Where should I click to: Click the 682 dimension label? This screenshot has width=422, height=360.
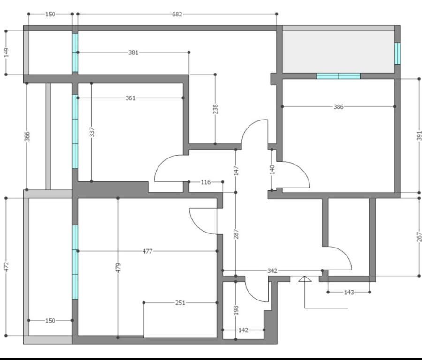click(x=177, y=14)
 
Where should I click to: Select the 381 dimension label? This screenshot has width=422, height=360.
click(x=134, y=52)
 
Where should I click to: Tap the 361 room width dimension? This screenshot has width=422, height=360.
click(x=130, y=98)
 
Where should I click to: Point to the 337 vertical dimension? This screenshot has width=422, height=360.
click(x=92, y=132)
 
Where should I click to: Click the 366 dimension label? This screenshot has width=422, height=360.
click(x=27, y=136)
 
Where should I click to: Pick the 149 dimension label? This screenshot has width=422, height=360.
click(x=6, y=52)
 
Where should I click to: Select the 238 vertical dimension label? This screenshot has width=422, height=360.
click(x=215, y=109)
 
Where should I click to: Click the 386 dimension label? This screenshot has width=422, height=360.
click(x=339, y=107)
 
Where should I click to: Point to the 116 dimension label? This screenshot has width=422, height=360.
click(x=206, y=182)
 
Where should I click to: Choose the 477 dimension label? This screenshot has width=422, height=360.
click(x=148, y=251)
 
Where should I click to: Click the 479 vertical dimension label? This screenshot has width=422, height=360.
click(x=118, y=268)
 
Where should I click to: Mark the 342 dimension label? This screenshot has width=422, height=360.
click(x=272, y=270)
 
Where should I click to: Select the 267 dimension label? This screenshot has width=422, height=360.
click(x=419, y=237)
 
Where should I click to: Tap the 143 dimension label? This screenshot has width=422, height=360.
click(x=349, y=292)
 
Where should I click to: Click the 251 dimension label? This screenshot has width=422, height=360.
click(x=181, y=303)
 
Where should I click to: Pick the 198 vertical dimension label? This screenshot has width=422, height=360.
click(x=236, y=310)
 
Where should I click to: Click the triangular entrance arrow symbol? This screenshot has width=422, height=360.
click(x=305, y=279)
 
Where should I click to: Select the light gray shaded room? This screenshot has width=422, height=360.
click(x=338, y=52)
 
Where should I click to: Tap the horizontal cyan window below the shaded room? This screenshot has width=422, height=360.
click(x=338, y=76)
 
